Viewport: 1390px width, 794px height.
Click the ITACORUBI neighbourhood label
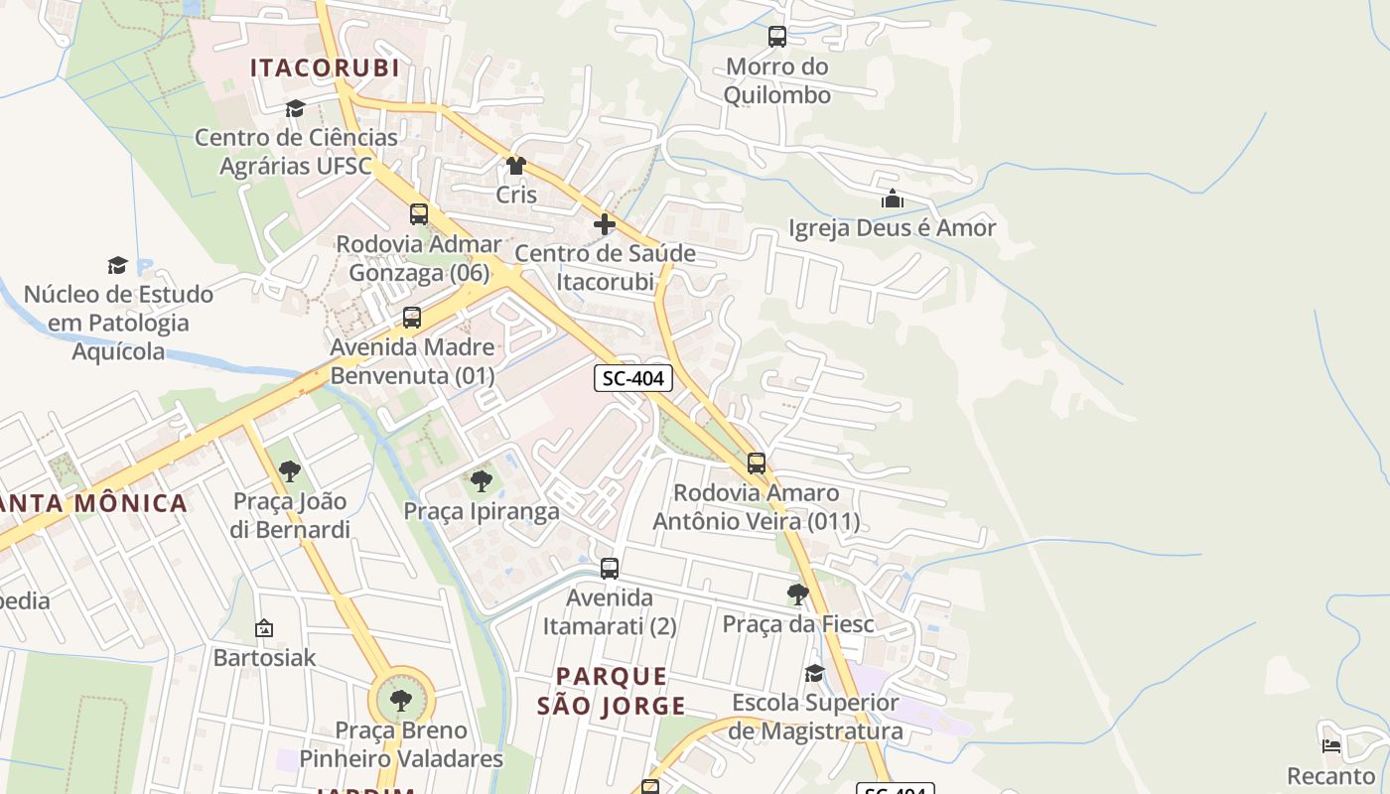[x=325, y=67]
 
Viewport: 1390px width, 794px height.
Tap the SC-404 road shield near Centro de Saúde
[x=633, y=378]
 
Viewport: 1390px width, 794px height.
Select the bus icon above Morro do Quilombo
[x=777, y=37]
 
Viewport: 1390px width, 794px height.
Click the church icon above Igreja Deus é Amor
[x=892, y=198]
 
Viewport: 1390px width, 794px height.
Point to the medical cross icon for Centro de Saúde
[x=605, y=224]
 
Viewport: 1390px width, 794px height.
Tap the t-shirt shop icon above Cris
[x=515, y=166]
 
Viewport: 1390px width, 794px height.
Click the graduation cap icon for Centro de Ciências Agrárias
[x=295, y=108]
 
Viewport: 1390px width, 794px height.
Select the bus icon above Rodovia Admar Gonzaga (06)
[x=419, y=214]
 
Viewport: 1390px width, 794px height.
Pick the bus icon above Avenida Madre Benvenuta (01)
[x=412, y=318]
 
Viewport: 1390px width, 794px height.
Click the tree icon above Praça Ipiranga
[x=482, y=481]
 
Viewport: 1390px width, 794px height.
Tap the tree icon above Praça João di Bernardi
[x=290, y=470]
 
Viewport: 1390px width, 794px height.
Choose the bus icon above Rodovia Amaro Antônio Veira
[x=757, y=463]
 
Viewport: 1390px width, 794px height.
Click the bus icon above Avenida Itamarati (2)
[x=610, y=569]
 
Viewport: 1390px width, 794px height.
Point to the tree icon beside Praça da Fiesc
[x=797, y=595]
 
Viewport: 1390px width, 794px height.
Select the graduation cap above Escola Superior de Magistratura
[x=814, y=674]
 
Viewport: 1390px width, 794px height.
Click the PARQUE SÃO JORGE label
[x=611, y=691]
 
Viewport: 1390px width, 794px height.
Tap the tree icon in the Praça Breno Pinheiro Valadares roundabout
[x=401, y=701]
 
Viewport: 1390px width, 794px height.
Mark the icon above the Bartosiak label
[x=264, y=628]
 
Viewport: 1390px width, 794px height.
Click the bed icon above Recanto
[x=1331, y=745]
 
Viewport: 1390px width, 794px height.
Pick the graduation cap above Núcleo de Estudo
[x=118, y=265]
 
